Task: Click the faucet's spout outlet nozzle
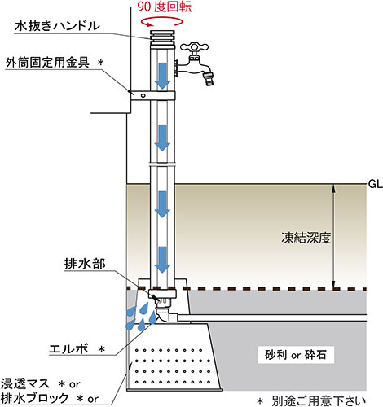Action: [x=210, y=80]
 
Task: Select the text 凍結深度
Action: [x=298, y=240]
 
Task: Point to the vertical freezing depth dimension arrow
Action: [x=332, y=236]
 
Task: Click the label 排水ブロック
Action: [x=36, y=398]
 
